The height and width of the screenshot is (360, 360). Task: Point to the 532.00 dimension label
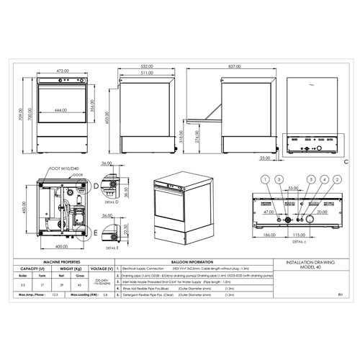(x=147, y=66)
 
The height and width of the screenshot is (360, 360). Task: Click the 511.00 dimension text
(x=147, y=73)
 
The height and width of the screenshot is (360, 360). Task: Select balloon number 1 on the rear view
(x=265, y=179)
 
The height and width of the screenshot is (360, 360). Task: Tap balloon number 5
(x=311, y=179)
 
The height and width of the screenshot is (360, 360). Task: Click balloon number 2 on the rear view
(x=337, y=179)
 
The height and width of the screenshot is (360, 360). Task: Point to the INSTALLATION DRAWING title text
(x=308, y=264)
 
